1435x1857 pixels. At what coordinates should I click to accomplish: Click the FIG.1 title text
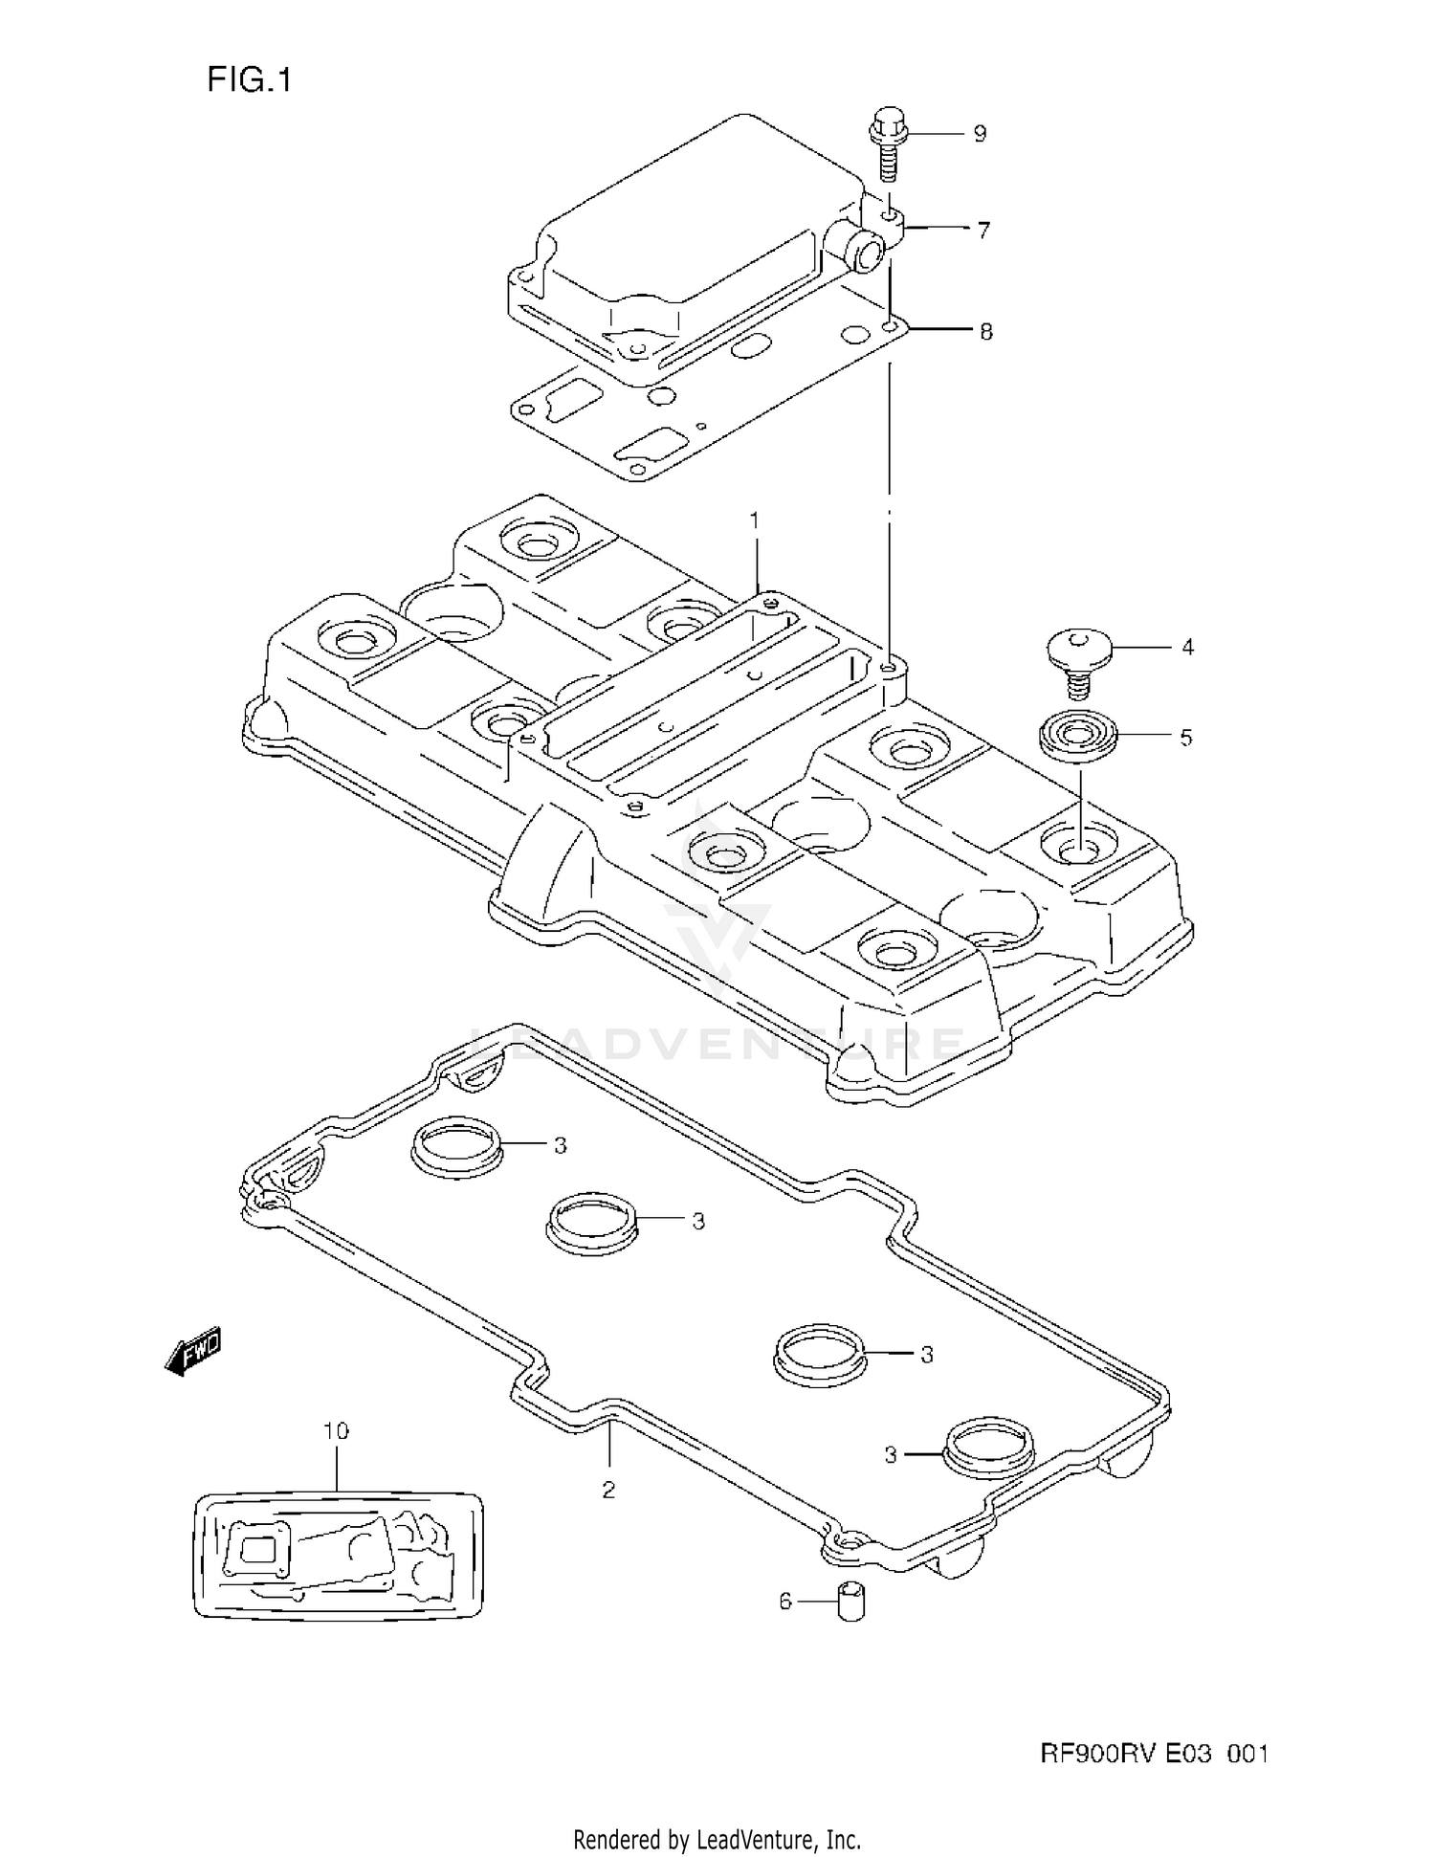coord(249,80)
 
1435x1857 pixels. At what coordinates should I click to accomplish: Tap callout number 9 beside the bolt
coord(980,134)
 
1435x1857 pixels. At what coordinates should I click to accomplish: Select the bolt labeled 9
coord(889,144)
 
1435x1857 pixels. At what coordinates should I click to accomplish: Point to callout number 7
coord(982,231)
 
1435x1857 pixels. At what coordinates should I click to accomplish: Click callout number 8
coord(985,332)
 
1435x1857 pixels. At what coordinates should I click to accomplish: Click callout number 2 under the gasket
coord(608,1490)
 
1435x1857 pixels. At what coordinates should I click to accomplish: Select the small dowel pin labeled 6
coord(850,1603)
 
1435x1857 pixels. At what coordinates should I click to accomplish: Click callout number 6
coord(785,1601)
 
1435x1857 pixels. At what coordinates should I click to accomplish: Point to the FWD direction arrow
coord(193,1351)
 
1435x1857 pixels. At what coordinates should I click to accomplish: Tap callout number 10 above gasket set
coord(336,1431)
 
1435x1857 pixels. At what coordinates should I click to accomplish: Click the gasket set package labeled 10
coord(338,1555)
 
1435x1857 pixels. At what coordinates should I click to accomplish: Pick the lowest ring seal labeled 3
coord(988,1450)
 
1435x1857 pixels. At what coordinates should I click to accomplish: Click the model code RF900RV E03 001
coord(1154,1754)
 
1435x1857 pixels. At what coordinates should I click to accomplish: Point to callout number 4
coord(1187,648)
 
